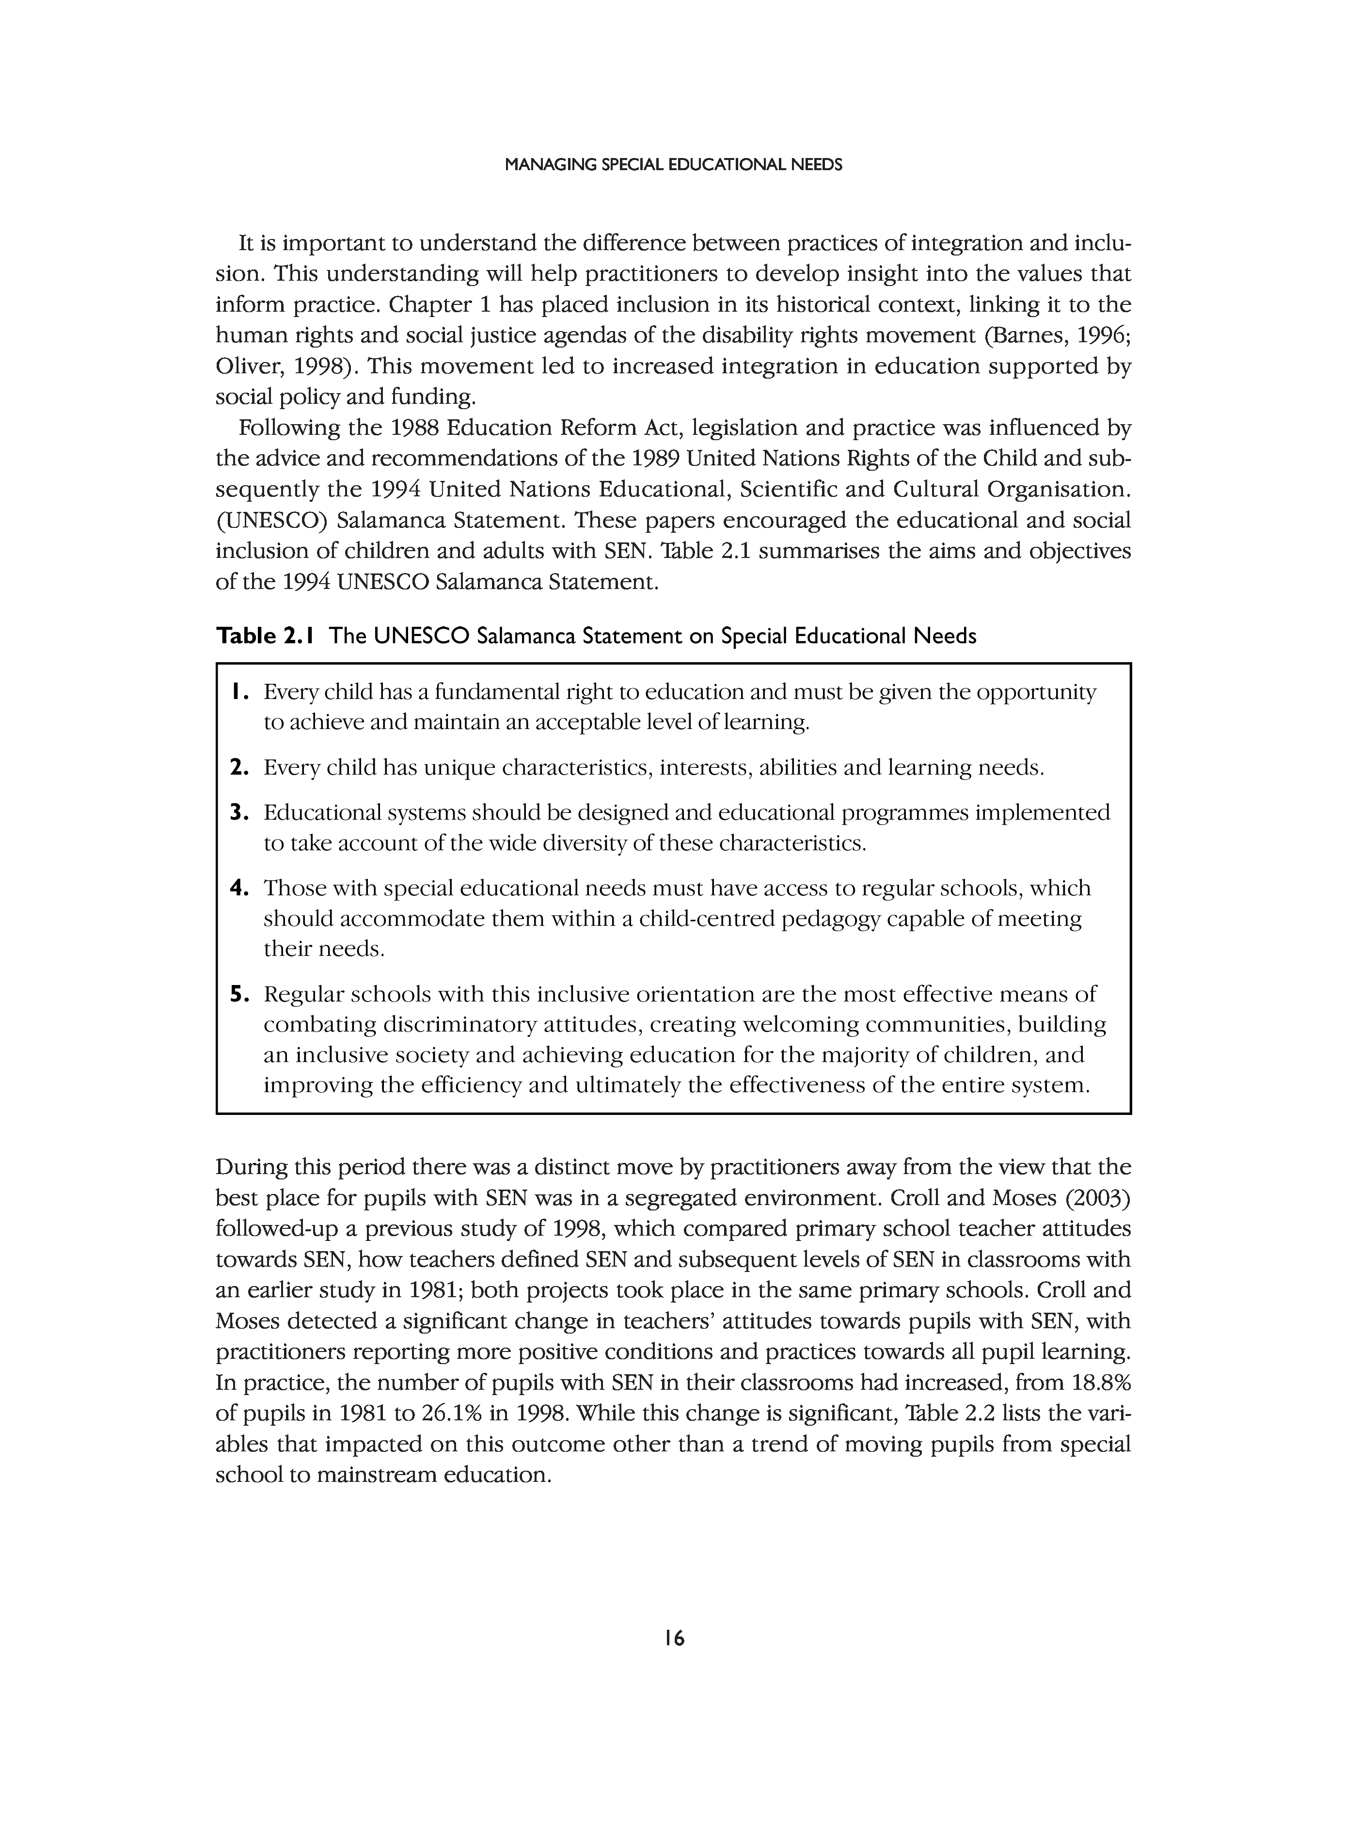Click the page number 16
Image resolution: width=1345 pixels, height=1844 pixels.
point(673,1638)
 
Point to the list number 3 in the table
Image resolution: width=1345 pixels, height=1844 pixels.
point(237,812)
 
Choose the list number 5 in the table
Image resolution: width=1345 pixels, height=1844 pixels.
point(237,994)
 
